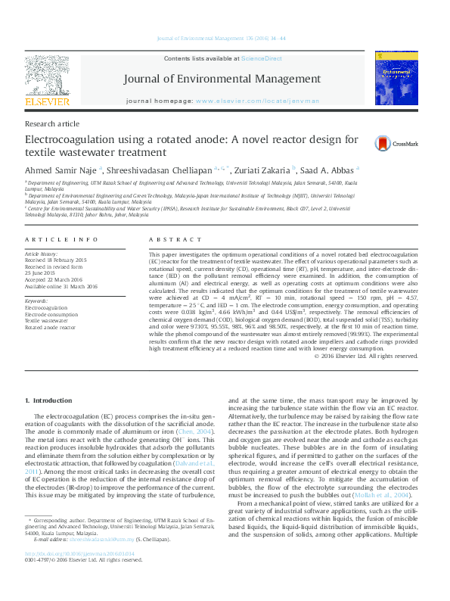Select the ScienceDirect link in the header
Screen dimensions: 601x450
coord(261,58)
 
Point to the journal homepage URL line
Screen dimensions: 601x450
coord(222,101)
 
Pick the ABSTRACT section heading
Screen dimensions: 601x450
coord(171,239)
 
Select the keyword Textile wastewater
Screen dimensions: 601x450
coord(48,320)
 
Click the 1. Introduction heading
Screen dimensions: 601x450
coord(48,400)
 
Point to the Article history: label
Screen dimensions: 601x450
coord(42,254)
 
